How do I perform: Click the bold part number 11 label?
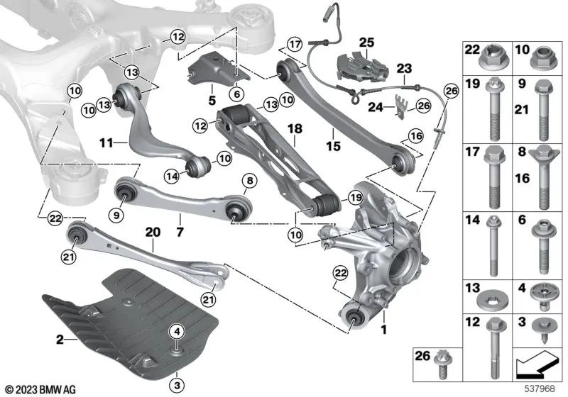[x=105, y=142]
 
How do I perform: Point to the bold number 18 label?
[x=295, y=129]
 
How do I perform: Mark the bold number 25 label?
[x=366, y=42]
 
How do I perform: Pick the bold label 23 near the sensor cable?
[x=404, y=69]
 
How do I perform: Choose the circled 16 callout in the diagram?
[x=415, y=135]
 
